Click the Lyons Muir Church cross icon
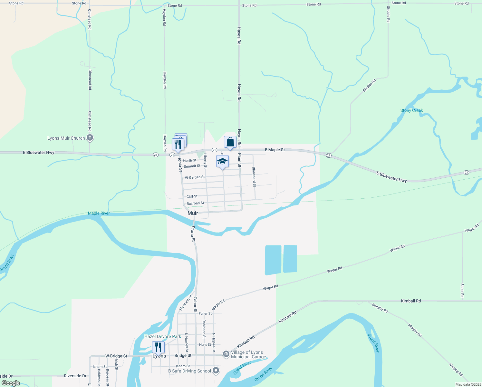point(90,138)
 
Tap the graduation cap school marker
point(222,162)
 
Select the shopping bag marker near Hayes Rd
point(230,142)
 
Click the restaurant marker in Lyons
point(158,347)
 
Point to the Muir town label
point(193,213)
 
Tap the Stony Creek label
point(411,110)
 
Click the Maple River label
point(99,213)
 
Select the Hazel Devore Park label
point(163,336)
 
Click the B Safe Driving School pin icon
point(216,371)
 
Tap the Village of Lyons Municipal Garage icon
point(226,354)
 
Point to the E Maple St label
point(275,150)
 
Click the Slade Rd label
point(462,290)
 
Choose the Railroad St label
point(195,203)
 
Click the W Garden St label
point(195,177)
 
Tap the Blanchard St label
point(254,177)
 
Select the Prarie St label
point(193,234)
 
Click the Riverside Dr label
point(75,376)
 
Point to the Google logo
point(11,383)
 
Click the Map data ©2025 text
point(467,384)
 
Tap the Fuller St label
point(205,313)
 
